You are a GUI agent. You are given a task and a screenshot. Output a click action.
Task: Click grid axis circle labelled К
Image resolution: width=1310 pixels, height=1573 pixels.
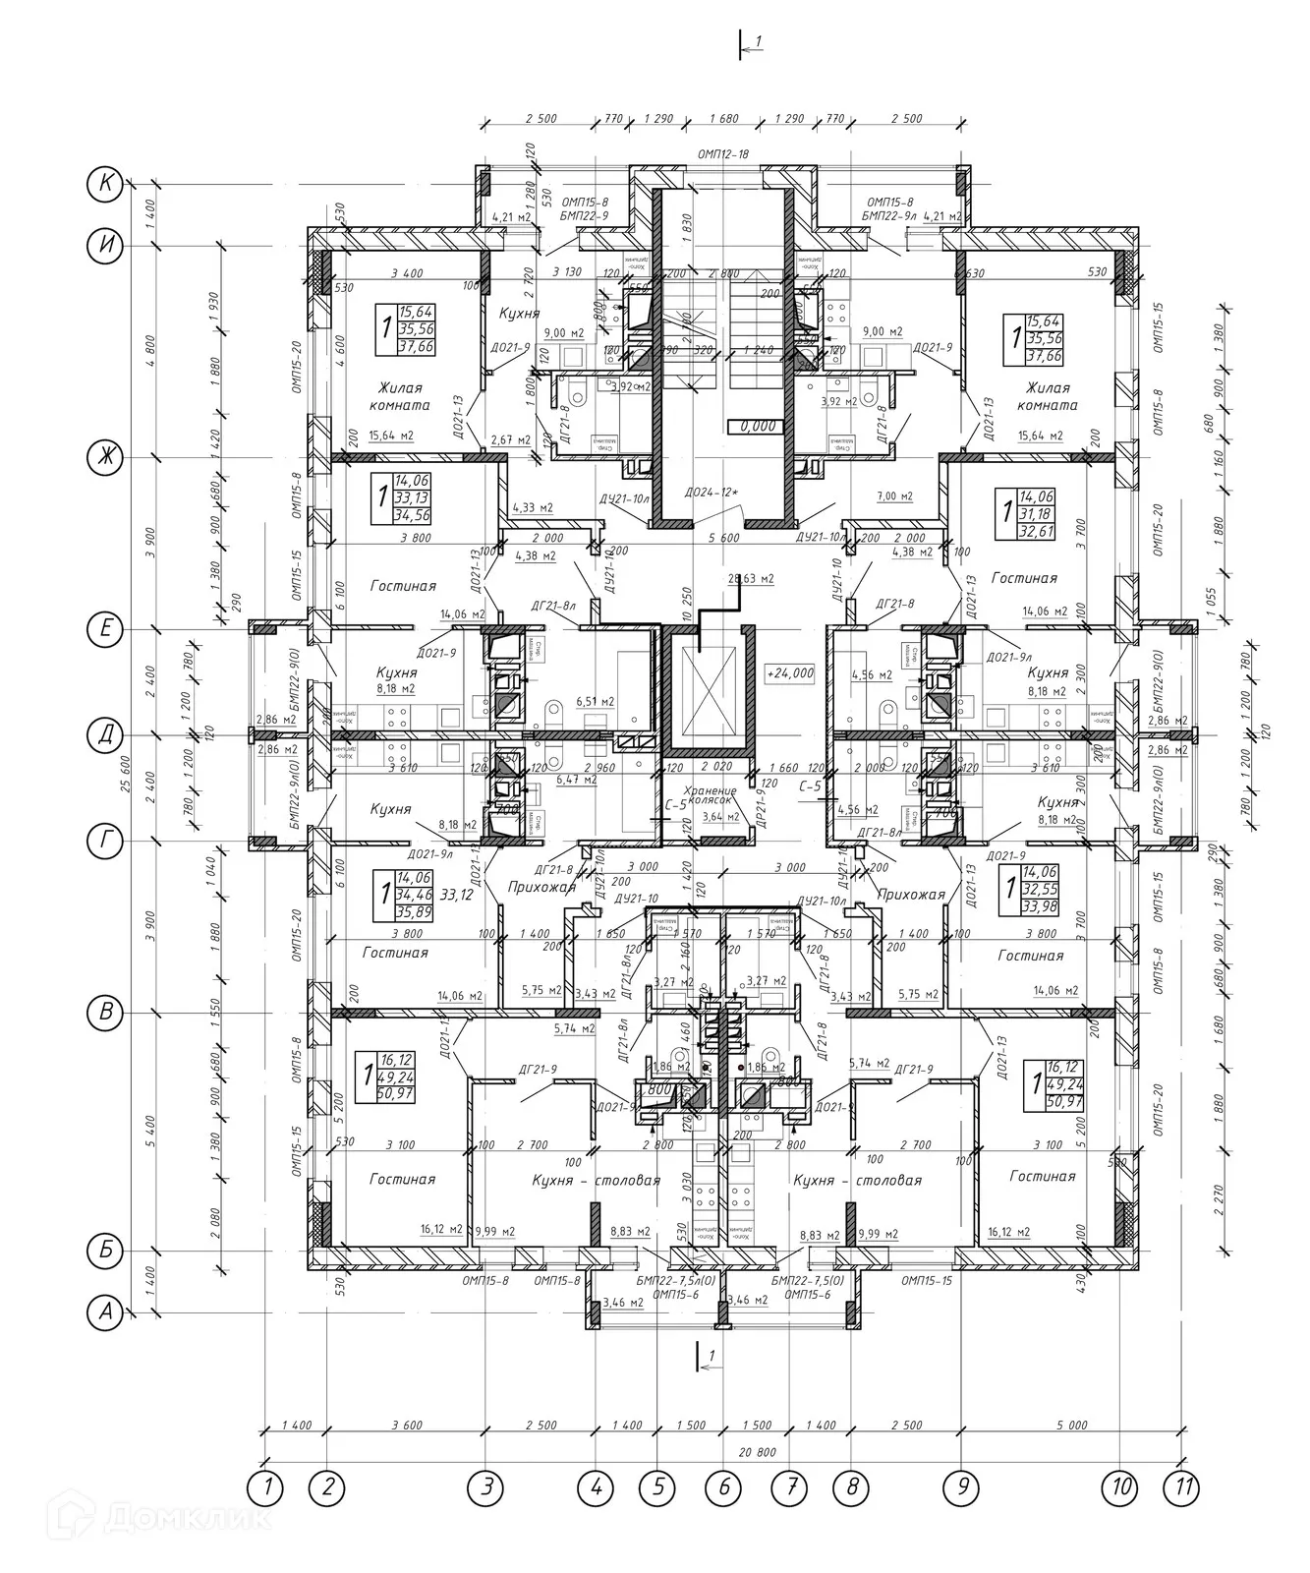103,183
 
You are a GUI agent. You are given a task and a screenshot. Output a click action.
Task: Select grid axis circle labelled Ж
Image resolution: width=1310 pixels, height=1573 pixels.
103,456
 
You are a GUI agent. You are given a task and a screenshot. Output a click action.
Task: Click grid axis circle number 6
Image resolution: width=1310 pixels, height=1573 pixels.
724,1487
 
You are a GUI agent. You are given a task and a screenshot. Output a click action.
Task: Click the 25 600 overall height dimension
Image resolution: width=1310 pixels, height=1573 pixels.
126,747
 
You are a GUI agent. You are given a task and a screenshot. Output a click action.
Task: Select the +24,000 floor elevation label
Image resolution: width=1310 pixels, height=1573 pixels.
789,673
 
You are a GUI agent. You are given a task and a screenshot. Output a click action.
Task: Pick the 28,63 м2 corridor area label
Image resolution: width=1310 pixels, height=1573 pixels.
752,579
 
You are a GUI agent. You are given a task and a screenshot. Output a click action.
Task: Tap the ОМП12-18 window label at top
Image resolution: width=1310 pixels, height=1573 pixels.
723,154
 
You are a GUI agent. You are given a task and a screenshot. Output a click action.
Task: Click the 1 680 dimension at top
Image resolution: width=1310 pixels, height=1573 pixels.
723,119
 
